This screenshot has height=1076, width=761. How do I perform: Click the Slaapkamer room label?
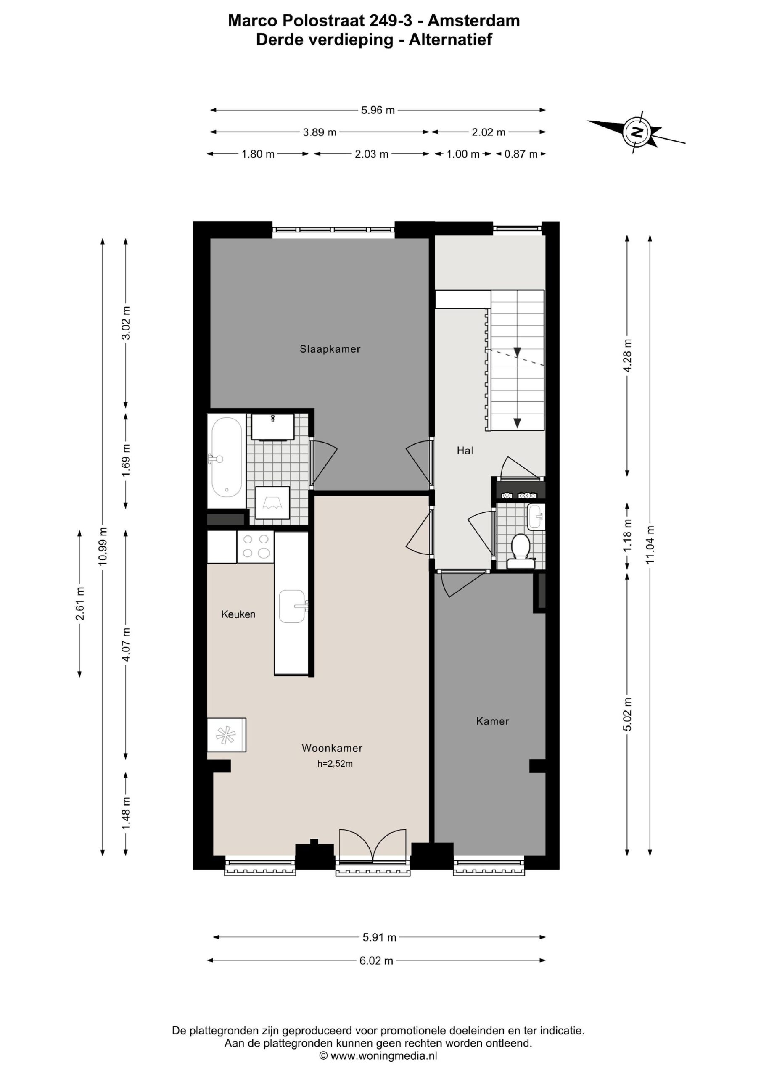coord(330,349)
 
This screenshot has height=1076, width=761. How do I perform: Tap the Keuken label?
coord(238,614)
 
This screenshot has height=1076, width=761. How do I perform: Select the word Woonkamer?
coord(332,749)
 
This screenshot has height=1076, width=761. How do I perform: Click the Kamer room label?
coord(492,721)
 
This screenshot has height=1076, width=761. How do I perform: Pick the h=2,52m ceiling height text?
coord(335,764)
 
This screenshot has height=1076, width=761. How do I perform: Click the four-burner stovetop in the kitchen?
coord(256,546)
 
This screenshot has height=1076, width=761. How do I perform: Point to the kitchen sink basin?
coord(292,607)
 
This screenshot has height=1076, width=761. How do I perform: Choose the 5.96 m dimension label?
coord(378,111)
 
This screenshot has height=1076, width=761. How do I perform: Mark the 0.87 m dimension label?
coord(521,154)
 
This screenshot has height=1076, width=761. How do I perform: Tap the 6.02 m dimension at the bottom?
coord(377,960)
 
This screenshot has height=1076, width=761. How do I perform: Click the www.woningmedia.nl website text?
coord(383,1056)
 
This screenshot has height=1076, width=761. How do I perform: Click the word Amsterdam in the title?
coord(474,21)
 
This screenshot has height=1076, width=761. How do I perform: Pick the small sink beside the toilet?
coord(534,517)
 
